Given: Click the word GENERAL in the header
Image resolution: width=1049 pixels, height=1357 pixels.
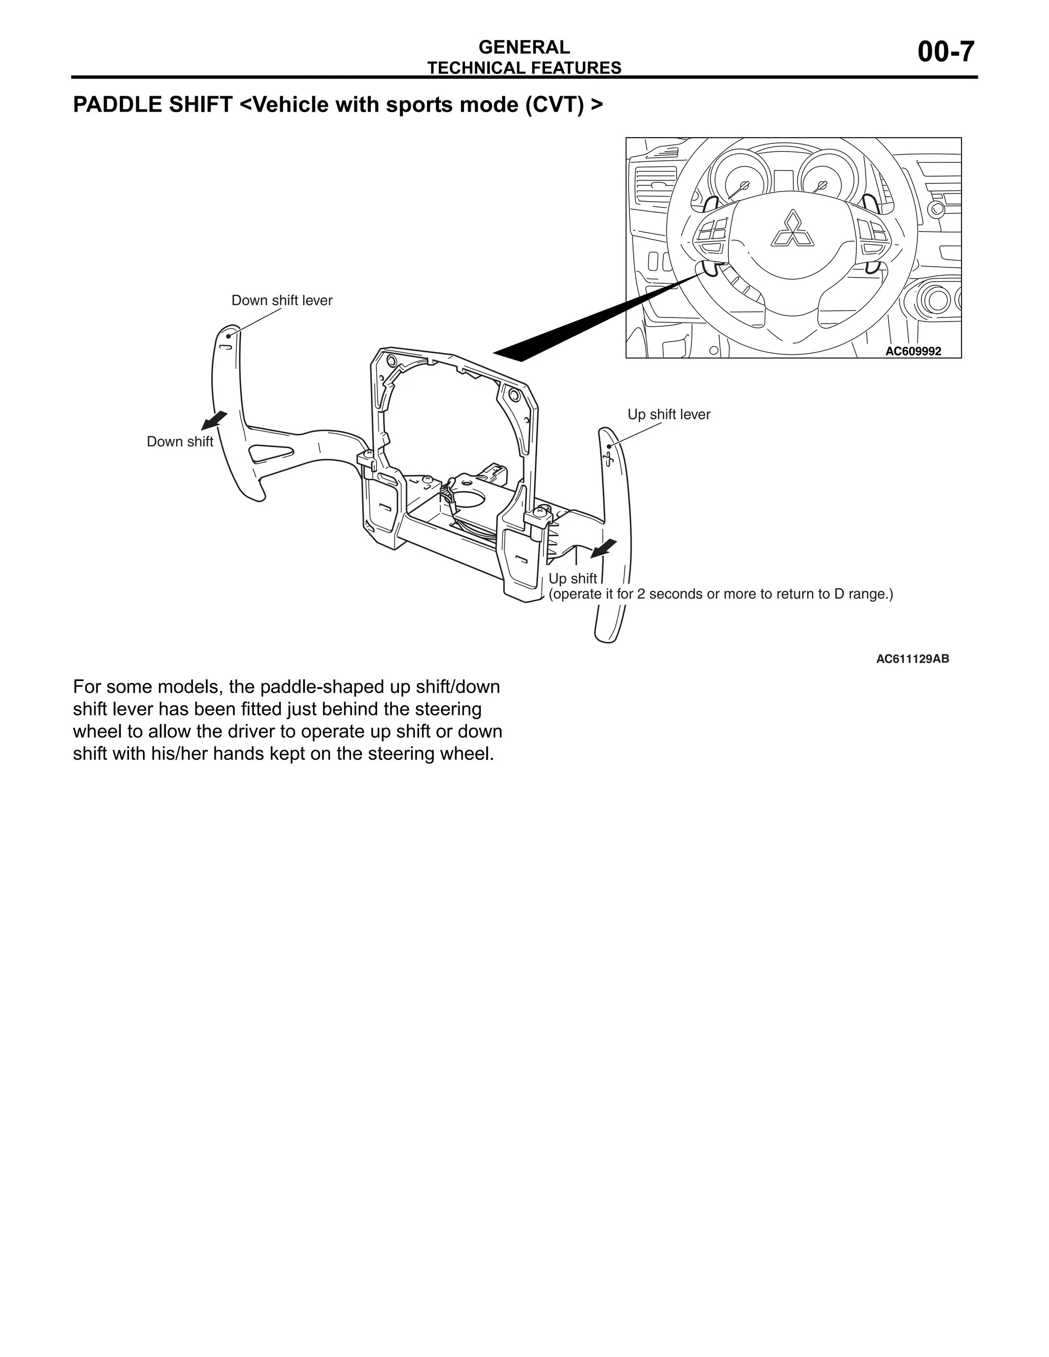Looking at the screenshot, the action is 524,47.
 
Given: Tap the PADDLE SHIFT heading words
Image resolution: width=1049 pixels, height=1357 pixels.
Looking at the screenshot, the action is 152,105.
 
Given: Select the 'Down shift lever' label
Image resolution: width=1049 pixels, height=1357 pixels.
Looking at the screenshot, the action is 282,301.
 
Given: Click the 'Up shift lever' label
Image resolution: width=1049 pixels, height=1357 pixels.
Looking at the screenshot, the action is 668,414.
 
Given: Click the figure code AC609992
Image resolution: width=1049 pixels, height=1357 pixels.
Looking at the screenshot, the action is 912,351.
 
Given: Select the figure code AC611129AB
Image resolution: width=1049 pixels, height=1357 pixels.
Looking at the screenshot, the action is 912,659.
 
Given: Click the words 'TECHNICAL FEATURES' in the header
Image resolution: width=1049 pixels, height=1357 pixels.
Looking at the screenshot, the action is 524,68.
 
